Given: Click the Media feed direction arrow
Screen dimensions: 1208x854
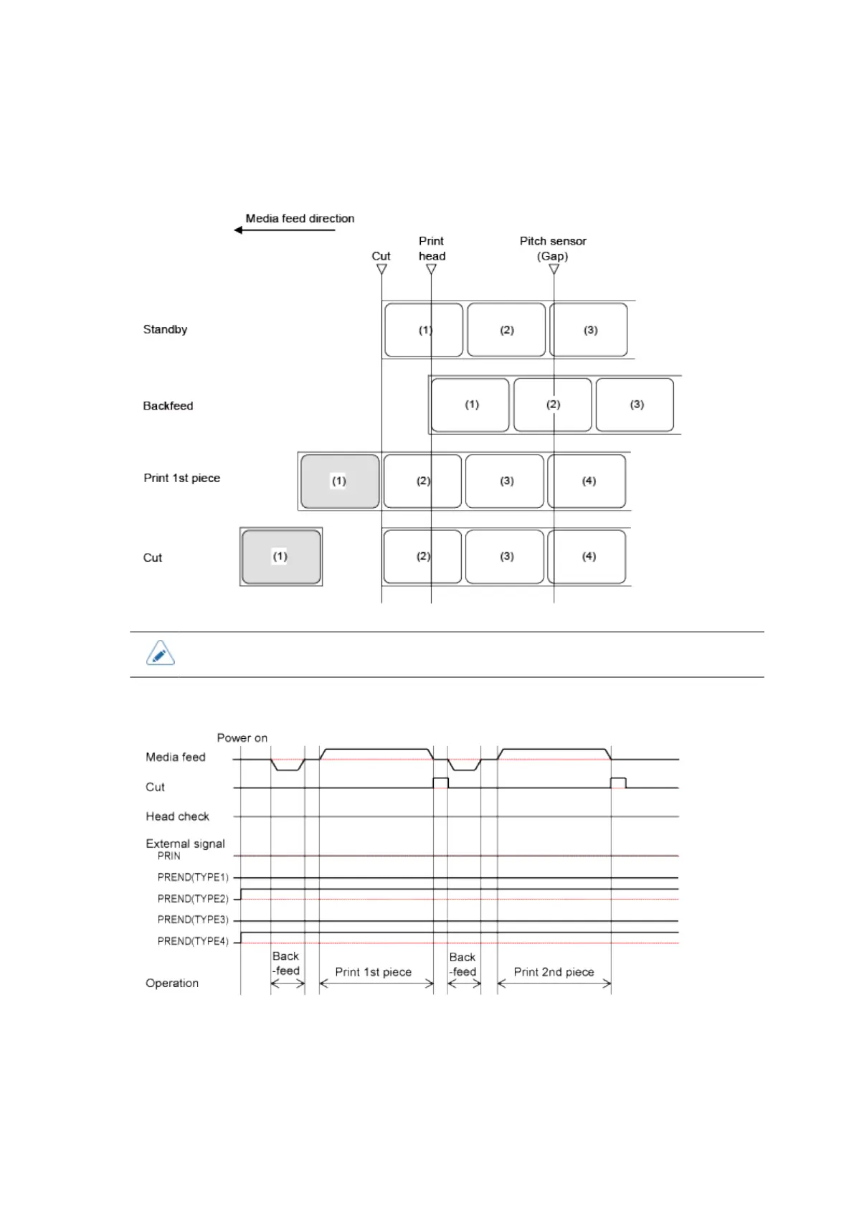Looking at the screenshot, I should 284,230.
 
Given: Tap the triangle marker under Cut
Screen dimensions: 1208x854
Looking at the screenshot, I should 381,270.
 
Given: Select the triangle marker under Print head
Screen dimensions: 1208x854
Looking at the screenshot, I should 431,270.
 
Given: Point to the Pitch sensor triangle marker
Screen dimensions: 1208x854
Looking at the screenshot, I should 554,270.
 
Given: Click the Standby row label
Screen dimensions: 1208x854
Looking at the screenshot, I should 165,329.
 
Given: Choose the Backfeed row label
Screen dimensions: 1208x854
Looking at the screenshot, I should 168,406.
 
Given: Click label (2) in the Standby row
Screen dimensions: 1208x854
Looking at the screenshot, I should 506,330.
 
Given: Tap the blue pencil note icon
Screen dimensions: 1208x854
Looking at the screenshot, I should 161,653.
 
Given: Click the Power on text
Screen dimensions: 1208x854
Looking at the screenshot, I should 242,738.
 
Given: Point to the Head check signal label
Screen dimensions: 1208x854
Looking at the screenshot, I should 177,816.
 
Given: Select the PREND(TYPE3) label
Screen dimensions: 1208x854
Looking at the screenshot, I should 193,920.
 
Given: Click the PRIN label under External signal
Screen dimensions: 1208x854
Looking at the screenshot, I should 169,856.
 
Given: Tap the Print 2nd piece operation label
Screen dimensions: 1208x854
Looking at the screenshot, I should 554,972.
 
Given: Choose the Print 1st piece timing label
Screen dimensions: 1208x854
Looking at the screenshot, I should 373,972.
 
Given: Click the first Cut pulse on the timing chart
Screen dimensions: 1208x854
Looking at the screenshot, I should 440,782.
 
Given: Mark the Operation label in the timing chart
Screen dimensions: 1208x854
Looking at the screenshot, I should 172,983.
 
